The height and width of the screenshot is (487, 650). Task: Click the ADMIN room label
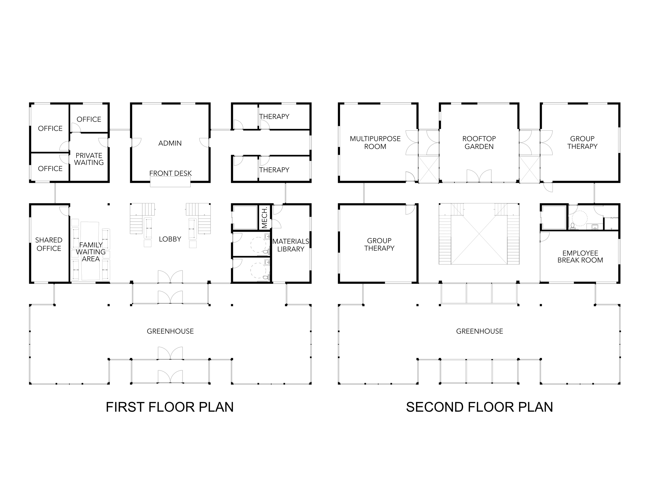170,143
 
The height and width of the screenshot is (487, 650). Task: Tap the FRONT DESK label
171,174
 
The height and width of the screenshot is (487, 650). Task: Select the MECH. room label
264,217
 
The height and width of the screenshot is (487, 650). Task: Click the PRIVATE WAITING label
89,159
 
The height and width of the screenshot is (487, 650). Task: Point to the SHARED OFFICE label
49,244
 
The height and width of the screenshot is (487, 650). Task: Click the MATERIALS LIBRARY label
291,245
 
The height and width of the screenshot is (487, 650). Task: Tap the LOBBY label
170,239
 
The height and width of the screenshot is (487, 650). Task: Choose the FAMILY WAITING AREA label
90,252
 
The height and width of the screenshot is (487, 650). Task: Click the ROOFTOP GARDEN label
479,143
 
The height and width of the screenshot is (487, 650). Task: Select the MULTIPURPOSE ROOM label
375,143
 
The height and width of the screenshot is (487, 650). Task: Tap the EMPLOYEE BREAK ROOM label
580,257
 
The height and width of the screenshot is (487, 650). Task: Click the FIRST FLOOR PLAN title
170,407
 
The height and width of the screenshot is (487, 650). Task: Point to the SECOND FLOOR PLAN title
479,407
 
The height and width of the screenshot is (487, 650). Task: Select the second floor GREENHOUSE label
479,331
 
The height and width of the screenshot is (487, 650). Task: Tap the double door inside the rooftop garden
479,176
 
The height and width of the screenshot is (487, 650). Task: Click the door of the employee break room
544,237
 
